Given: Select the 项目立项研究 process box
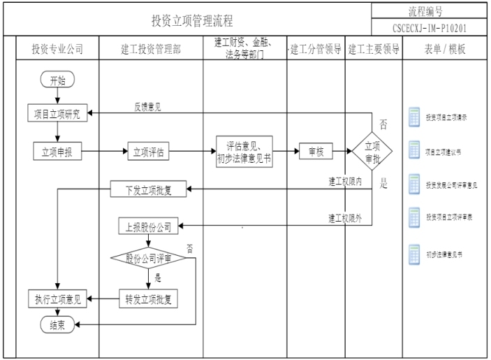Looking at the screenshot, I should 57,115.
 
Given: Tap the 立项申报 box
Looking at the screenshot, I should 57,151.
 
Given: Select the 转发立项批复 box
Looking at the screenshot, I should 149,298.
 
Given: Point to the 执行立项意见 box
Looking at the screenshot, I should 57,298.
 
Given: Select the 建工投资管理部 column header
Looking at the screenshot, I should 151,50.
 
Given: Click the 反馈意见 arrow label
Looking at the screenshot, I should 148,107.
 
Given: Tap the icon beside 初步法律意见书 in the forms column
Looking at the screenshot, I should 414,256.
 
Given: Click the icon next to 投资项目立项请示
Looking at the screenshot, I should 414,117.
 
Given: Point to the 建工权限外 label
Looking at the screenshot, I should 346,218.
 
